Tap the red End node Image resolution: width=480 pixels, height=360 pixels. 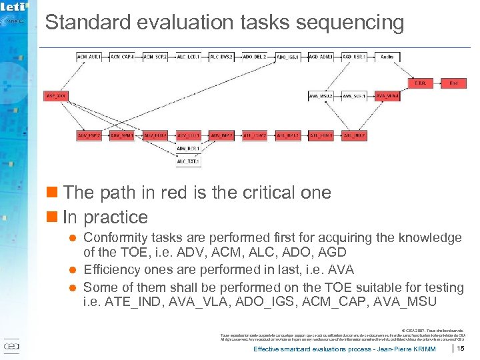point(453,83)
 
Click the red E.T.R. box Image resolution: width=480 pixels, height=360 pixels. point(420,83)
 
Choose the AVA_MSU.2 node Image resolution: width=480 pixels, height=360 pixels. point(321,96)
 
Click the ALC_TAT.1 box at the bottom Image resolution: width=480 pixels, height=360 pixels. point(189,161)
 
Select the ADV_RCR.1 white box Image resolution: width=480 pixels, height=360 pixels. point(189,148)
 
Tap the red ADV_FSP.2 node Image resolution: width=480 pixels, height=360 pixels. point(89,135)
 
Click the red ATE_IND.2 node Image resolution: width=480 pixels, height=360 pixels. point(354,135)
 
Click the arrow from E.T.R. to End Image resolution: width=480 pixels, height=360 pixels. point(437,83)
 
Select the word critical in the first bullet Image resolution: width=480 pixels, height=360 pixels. point(256,193)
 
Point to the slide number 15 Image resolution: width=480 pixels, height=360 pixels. point(460,348)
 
